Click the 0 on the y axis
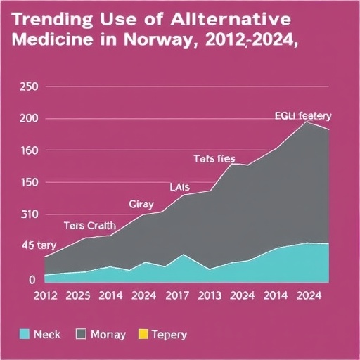(x=32, y=279)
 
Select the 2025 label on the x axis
(x=77, y=296)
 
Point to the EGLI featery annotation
(x=302, y=116)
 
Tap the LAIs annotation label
(x=180, y=187)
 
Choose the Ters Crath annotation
(x=89, y=226)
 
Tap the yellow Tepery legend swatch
(x=144, y=335)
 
